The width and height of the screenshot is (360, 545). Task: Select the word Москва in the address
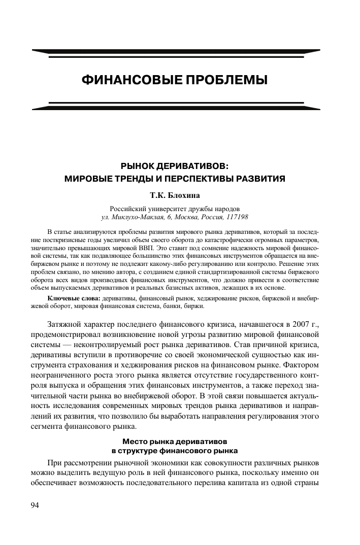click(x=186, y=217)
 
